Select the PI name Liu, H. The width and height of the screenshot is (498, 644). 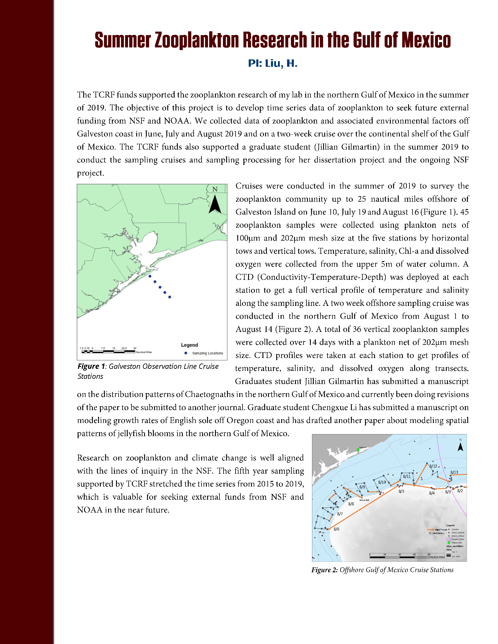coord(281,64)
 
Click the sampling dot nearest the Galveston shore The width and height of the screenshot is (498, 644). coord(150,276)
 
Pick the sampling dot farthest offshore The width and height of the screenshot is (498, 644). coord(170,297)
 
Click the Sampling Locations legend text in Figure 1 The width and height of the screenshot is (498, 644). coord(207,353)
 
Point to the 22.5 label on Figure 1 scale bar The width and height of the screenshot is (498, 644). coord(124,348)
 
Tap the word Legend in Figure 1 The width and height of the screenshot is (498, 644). coord(190,345)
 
